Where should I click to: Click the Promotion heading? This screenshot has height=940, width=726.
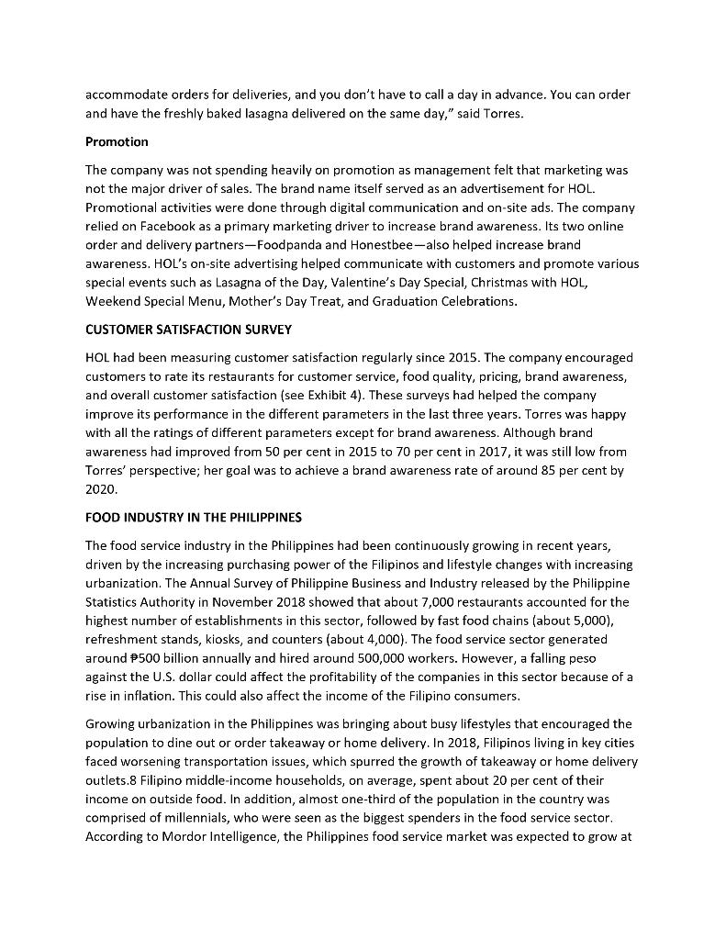(x=117, y=142)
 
